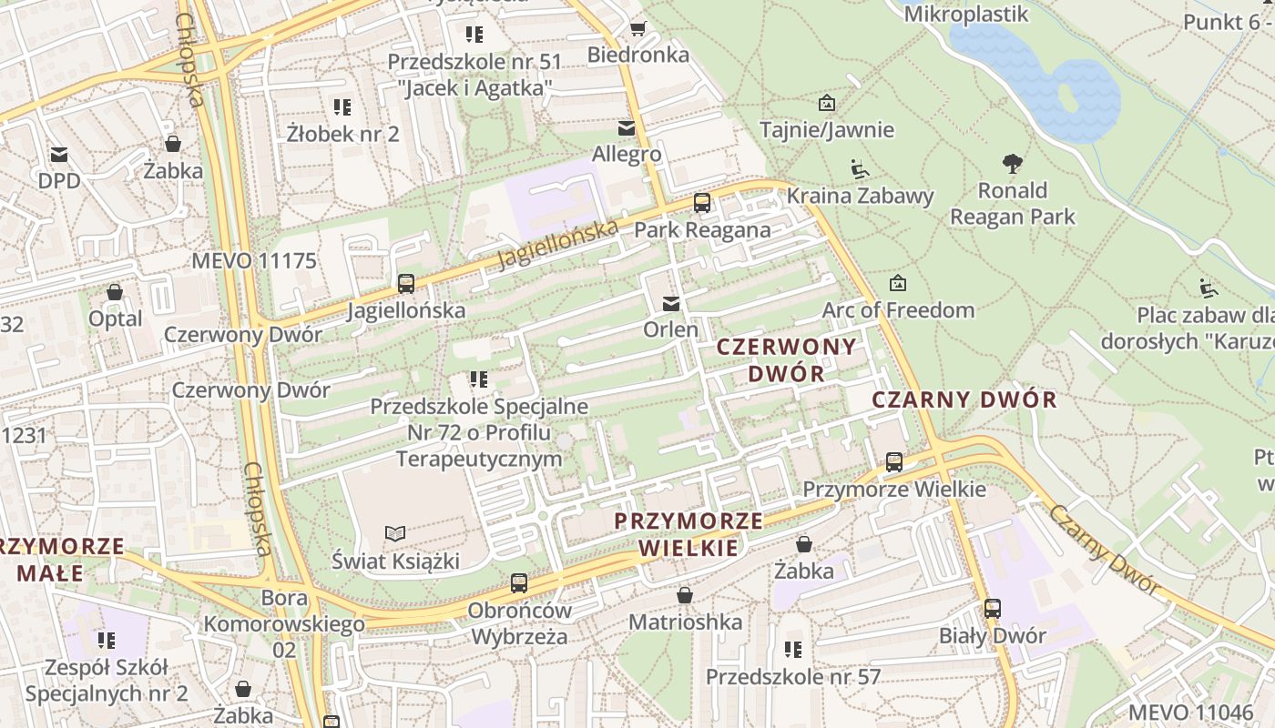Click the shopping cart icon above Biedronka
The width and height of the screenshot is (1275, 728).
click(637, 28)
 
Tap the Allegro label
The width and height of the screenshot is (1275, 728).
click(627, 154)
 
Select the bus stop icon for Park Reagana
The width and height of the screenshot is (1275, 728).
click(702, 203)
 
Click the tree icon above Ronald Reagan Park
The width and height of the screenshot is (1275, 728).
click(1012, 165)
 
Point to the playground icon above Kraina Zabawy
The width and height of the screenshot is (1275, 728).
click(859, 169)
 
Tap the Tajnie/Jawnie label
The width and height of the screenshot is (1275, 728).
click(827, 129)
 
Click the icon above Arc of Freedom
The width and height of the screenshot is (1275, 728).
click(897, 284)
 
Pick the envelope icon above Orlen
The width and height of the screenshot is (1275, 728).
click(671, 304)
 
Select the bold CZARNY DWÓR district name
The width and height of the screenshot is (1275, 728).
click(964, 399)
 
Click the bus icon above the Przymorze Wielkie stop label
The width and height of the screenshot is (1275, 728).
click(894, 462)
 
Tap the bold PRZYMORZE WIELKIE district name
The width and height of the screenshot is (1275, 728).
click(688, 534)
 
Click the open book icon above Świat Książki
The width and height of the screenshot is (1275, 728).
click(395, 533)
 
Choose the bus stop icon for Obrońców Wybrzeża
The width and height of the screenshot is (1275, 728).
click(519, 582)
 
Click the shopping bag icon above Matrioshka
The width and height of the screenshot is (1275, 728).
click(685, 595)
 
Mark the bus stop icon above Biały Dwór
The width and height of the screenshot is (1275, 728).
click(992, 609)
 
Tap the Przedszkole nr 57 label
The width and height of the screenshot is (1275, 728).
click(793, 677)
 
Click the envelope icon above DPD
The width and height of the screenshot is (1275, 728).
click(59, 154)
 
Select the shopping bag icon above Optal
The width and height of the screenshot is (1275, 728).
click(115, 292)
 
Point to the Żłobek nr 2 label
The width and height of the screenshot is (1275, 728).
click(342, 134)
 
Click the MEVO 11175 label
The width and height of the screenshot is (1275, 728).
click(254, 261)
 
